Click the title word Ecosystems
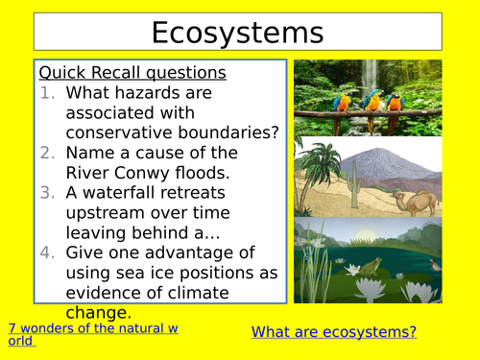[238, 33]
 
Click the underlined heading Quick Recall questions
[132, 73]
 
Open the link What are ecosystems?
[334, 332]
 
